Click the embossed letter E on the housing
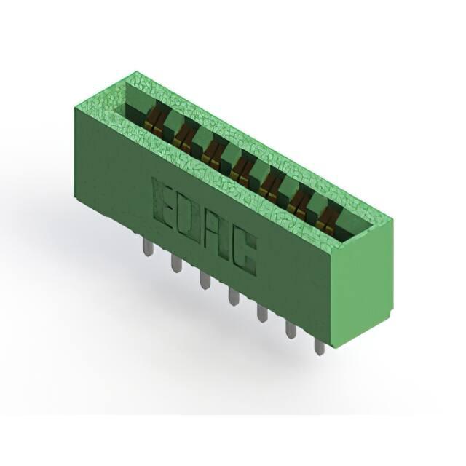pyautogui.click(x=163, y=202)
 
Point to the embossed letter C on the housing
pyautogui.click(x=245, y=253)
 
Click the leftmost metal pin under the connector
pyautogui.click(x=149, y=248)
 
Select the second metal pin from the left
pyautogui.click(x=177, y=264)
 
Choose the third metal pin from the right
pyautogui.click(x=262, y=313)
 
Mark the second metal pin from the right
pyautogui.click(x=291, y=329)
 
